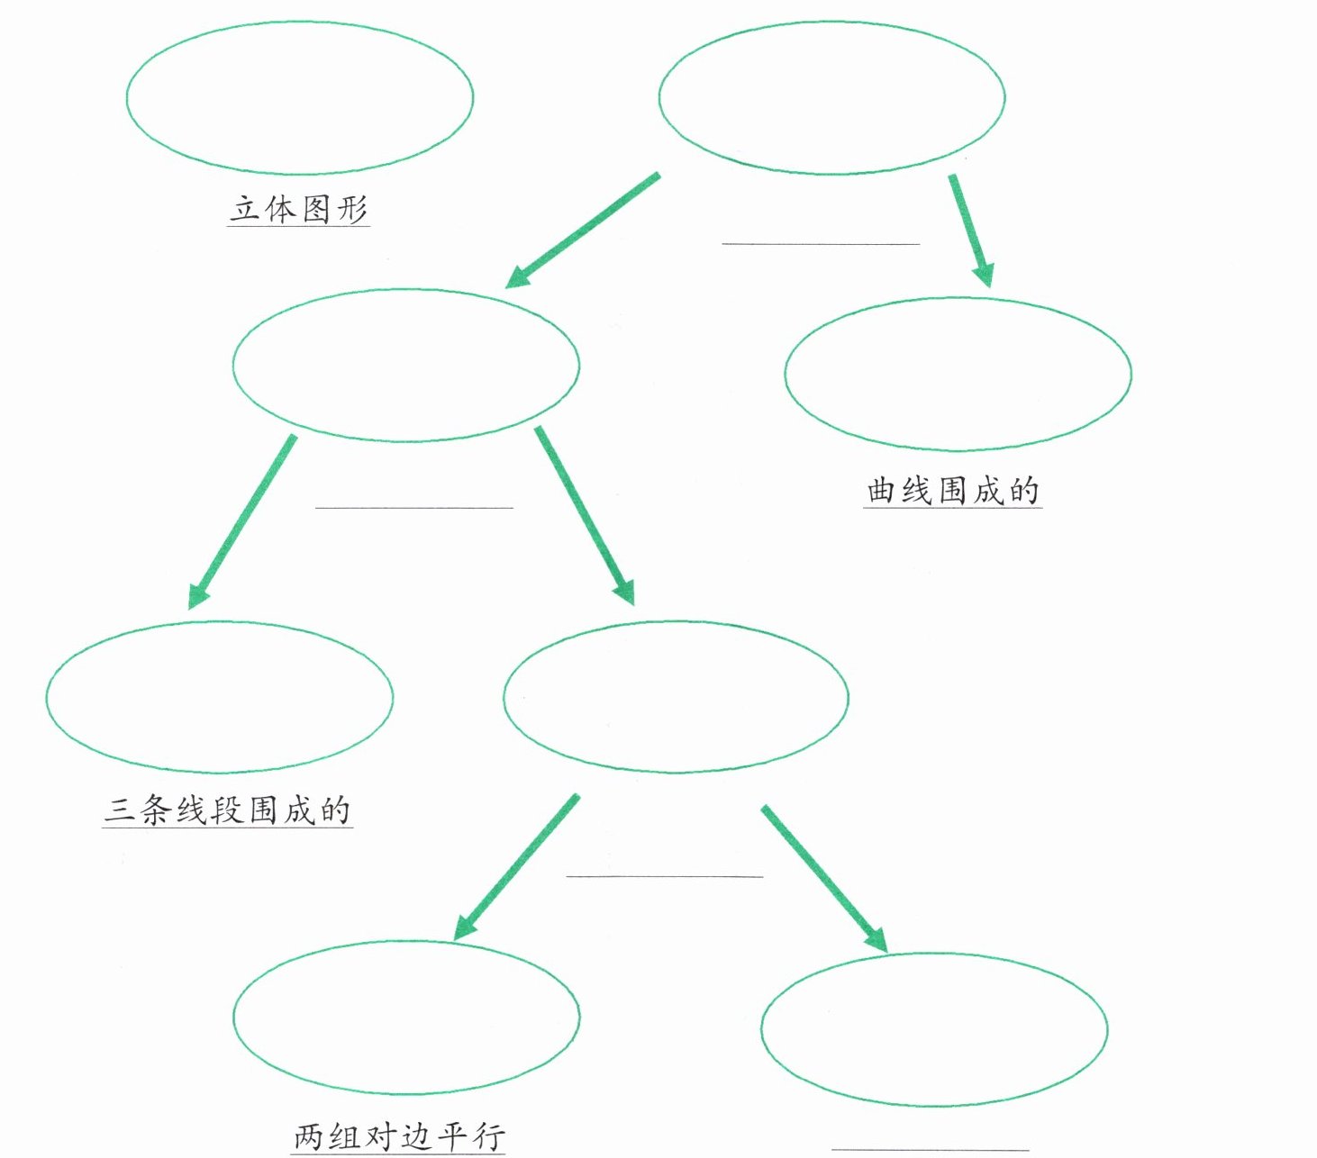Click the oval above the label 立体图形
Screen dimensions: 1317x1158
[300, 97]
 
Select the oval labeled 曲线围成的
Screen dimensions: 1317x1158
[958, 374]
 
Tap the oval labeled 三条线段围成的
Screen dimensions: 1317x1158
[219, 696]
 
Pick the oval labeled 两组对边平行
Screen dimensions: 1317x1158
[406, 1018]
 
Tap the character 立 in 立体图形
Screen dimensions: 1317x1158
[246, 209]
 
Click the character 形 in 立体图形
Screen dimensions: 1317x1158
[351, 209]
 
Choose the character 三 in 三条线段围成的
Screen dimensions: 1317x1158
[119, 810]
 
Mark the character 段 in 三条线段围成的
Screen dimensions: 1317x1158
[227, 810]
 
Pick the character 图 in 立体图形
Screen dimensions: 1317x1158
[316, 209]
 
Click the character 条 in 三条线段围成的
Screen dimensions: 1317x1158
[155, 810]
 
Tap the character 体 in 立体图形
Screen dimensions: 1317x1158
[281, 209]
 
